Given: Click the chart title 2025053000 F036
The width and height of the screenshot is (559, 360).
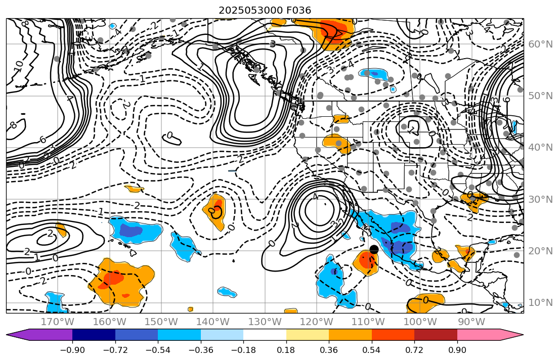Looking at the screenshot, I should (x=265, y=10).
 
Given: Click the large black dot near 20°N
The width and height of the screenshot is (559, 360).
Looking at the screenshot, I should (x=374, y=249).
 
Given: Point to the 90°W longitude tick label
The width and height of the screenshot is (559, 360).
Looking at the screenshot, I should (x=470, y=322).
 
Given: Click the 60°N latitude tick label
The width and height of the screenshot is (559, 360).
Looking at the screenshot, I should (x=540, y=44).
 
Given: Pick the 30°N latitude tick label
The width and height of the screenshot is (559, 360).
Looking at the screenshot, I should (x=540, y=199).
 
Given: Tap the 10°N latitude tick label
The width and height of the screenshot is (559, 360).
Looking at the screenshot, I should (x=540, y=303).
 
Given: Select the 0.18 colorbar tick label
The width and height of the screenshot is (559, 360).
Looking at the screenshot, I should (x=286, y=350).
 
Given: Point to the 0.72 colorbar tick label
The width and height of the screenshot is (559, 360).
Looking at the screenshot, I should (x=414, y=350).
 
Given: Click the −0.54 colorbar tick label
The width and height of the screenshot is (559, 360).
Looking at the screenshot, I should (x=158, y=350).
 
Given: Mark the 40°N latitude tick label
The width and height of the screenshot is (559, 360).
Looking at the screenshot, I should (x=540, y=148).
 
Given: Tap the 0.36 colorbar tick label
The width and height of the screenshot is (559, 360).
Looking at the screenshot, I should (x=329, y=350).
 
